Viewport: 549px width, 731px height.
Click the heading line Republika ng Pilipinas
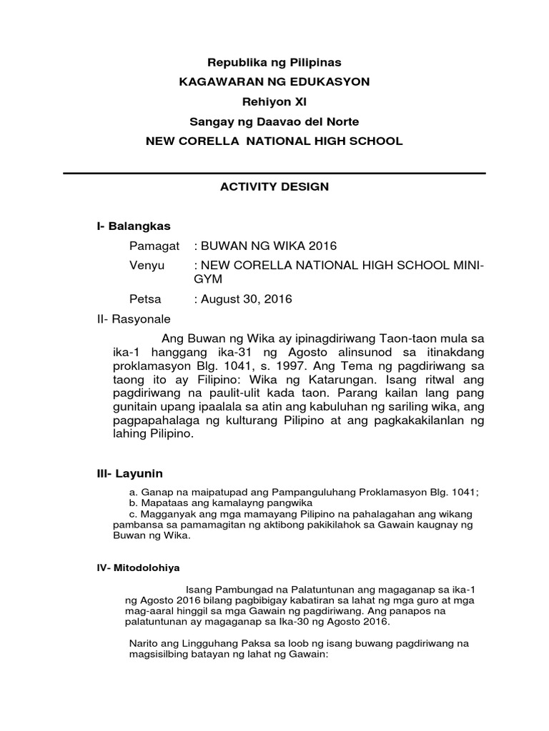tap(274, 63)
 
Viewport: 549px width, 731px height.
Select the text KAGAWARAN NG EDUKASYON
tap(274, 82)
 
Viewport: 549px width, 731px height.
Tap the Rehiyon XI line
tap(274, 102)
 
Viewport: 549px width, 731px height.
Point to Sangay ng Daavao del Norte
tap(274, 122)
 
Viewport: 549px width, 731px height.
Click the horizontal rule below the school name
tap(274, 173)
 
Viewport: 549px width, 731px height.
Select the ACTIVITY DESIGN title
tap(274, 187)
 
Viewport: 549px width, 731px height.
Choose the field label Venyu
tap(147, 266)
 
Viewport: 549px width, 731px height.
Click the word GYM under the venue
tap(209, 279)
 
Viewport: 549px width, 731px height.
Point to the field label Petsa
tap(145, 299)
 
